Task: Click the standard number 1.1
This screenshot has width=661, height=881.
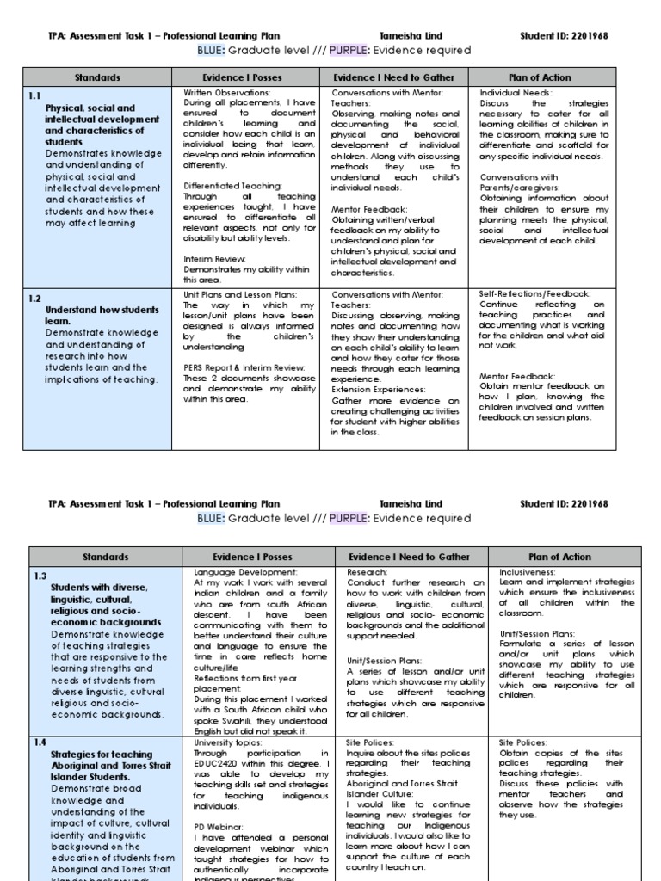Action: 36,96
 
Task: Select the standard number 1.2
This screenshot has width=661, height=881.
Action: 35,298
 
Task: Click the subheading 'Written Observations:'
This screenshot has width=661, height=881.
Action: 227,92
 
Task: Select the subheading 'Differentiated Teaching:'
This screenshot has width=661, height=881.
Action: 232,185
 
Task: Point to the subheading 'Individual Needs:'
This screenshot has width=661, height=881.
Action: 516,92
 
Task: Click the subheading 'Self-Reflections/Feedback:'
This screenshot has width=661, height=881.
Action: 534,293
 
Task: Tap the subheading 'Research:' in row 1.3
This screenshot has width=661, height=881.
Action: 367,571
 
